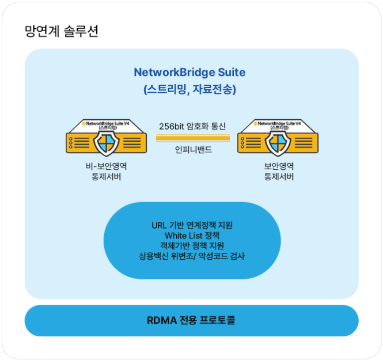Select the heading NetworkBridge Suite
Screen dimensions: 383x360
point(189,73)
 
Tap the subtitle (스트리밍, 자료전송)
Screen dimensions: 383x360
point(189,90)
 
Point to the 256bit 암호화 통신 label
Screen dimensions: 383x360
point(192,126)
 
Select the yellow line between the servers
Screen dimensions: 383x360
point(192,138)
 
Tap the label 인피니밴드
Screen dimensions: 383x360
point(192,150)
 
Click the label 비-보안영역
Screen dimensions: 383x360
point(106,166)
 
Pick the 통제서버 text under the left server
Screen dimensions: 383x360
point(106,177)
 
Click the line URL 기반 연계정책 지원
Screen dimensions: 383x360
point(192,225)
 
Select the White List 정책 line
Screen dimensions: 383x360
point(192,235)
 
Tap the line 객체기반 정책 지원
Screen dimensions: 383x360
point(192,245)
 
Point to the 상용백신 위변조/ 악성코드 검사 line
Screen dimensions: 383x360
point(192,256)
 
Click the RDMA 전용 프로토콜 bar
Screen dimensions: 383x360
point(192,320)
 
